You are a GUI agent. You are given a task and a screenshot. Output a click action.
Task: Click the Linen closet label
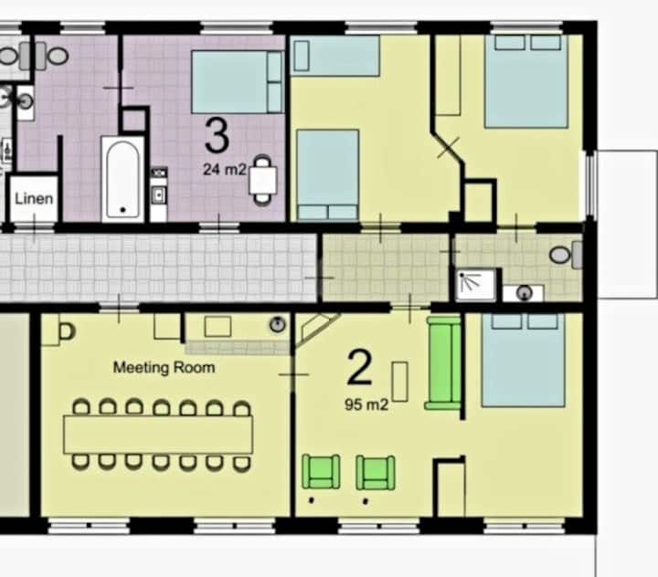coord(34,198)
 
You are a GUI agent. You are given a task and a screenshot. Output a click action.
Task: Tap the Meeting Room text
coord(164,368)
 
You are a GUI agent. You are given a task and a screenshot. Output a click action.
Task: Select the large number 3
coord(217,135)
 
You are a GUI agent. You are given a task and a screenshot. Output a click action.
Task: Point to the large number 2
coord(360,367)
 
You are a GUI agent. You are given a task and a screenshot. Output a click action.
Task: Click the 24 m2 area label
coord(225,170)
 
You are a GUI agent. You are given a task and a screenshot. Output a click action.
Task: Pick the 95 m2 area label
coord(366,404)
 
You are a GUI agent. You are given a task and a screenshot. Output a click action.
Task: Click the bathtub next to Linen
coord(122,179)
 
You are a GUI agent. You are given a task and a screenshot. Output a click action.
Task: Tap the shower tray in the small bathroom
coord(476,285)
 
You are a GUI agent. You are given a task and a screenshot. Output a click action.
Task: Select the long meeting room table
coord(158,435)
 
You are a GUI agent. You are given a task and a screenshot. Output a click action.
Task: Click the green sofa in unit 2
coord(443,363)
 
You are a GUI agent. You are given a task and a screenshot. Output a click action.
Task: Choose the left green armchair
coord(321,472)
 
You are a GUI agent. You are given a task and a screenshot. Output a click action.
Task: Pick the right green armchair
coord(376,473)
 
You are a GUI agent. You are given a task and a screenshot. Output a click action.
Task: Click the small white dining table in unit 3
coord(263,181)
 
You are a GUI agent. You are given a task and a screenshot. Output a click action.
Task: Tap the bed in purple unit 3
coord(238,82)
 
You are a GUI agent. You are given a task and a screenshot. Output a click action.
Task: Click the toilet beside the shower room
coord(566,255)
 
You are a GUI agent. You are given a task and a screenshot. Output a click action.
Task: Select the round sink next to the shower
coord(525,292)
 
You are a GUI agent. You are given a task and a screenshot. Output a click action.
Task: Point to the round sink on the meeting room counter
coord(278,324)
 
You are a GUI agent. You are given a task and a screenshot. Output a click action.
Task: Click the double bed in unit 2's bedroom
coord(524,360)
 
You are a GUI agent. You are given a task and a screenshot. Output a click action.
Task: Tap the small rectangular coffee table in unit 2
coord(400,382)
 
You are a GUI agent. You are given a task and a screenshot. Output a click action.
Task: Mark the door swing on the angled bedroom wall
coord(448,148)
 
